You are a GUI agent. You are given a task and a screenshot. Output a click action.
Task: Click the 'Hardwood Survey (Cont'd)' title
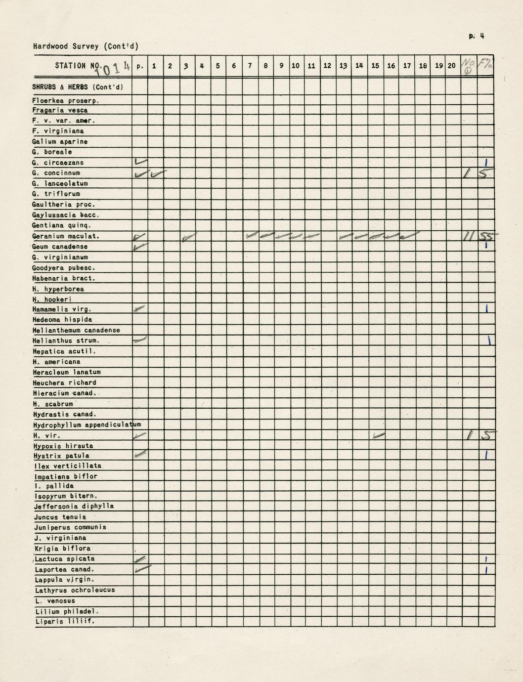(86, 46)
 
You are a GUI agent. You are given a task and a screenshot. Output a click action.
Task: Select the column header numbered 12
(327, 66)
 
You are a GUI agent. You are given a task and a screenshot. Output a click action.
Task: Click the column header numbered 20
(451, 66)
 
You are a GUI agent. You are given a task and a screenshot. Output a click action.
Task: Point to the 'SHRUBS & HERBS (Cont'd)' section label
(78, 87)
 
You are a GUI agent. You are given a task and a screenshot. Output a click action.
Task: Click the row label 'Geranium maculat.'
(66, 236)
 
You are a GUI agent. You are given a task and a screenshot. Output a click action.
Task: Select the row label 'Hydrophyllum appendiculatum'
(87, 425)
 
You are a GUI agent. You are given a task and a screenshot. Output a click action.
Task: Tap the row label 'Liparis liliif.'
(65, 622)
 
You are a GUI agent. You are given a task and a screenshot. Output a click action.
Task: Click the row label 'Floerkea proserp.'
(66, 101)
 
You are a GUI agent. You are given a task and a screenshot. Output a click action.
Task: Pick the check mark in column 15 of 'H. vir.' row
(379, 435)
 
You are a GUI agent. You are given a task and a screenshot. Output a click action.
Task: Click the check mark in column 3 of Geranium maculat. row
(188, 238)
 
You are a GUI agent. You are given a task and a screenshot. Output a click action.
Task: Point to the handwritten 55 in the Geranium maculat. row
(486, 237)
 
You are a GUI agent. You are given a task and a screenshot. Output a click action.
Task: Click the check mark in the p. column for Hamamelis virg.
(140, 308)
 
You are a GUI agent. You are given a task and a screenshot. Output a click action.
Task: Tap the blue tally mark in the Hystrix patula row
(486, 455)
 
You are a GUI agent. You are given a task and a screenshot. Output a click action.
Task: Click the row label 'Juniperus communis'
(70, 527)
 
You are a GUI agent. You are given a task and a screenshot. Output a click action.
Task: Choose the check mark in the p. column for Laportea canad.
(141, 569)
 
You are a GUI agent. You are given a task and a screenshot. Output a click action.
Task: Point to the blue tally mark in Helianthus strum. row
(488, 340)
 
